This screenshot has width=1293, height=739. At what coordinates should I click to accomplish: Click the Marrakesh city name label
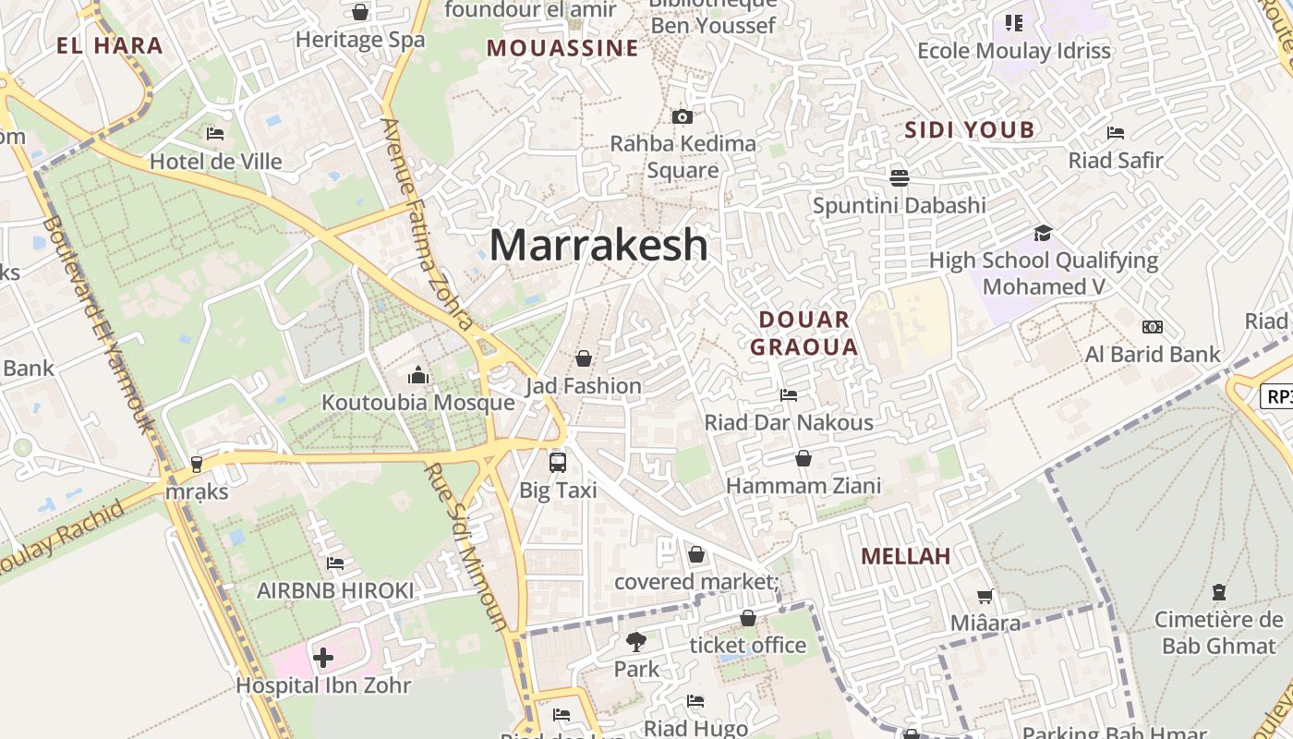[x=598, y=245]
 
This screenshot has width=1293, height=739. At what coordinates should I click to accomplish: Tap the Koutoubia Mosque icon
[x=418, y=375]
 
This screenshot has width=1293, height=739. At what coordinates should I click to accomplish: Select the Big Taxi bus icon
[x=558, y=463]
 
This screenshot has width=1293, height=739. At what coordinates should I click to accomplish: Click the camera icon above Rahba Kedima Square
[x=683, y=116]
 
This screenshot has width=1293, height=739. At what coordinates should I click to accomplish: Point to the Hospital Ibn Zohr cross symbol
[x=323, y=658]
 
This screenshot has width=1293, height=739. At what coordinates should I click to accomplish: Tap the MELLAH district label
[x=905, y=556]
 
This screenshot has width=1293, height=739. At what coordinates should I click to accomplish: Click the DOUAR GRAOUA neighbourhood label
[x=804, y=333]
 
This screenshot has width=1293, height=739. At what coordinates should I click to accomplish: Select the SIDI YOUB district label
[x=970, y=130]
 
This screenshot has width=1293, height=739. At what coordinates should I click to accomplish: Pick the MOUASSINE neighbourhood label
[x=562, y=48]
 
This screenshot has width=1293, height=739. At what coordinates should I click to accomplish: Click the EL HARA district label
[x=109, y=45]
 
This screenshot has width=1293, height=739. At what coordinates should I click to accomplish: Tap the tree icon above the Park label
[x=636, y=641]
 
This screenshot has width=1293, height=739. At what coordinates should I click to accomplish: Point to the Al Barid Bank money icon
[x=1152, y=327]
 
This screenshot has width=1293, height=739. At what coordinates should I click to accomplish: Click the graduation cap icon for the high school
[x=1043, y=233]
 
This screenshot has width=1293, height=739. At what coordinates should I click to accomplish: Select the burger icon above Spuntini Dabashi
[x=899, y=177]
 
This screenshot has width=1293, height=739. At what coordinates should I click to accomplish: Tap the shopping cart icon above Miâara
[x=985, y=597]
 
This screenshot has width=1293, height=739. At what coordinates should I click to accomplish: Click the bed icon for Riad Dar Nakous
[x=789, y=395]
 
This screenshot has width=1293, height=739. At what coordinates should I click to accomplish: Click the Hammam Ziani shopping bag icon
[x=804, y=458]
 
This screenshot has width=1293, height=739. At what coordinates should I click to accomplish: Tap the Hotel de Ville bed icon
[x=215, y=134]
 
